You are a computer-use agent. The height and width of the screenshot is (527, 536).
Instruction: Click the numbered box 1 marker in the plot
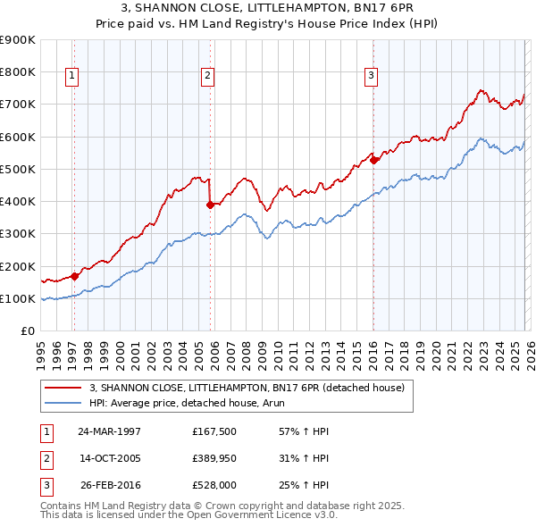pyautogui.click(x=71, y=77)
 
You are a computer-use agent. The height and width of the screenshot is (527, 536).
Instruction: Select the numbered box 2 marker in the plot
pyautogui.click(x=206, y=77)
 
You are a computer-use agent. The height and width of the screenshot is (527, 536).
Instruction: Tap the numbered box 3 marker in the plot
pyautogui.click(x=370, y=77)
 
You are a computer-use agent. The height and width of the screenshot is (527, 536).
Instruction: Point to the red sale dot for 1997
pyautogui.click(x=75, y=276)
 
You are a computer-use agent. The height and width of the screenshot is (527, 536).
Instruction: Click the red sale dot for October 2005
pyautogui.click(x=210, y=205)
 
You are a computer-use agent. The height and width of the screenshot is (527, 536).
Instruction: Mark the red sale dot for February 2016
pyautogui.click(x=373, y=160)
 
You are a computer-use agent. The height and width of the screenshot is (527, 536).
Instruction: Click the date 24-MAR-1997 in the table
pyautogui.click(x=110, y=431)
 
